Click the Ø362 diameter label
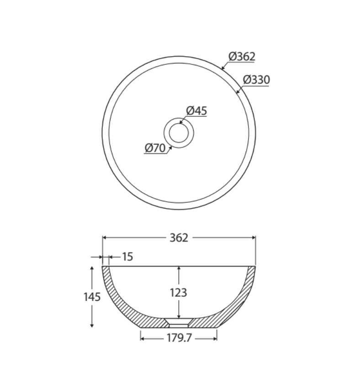pyautogui.click(x=242, y=57)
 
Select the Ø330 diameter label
pyautogui.click(x=256, y=79)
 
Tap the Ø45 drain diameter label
pyautogui.click(x=197, y=110)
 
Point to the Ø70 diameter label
pyautogui.click(x=155, y=148)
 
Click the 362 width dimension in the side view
pyautogui.click(x=179, y=237)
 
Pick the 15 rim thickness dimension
pyautogui.click(x=127, y=257)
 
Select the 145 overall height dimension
pyautogui.click(x=92, y=297)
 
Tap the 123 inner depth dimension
pyautogui.click(x=178, y=292)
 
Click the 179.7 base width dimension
pyautogui.click(x=179, y=338)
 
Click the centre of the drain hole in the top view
pyautogui.click(x=179, y=133)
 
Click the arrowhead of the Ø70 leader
pyautogui.click(x=171, y=147)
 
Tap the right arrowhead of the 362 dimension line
pyautogui.click(x=254, y=237)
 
